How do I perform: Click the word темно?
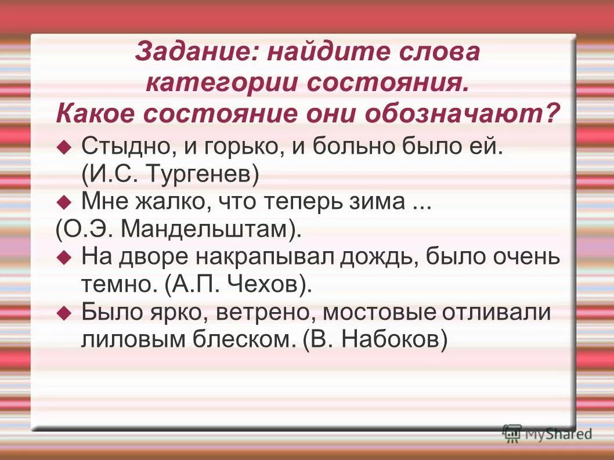point(118,284)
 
